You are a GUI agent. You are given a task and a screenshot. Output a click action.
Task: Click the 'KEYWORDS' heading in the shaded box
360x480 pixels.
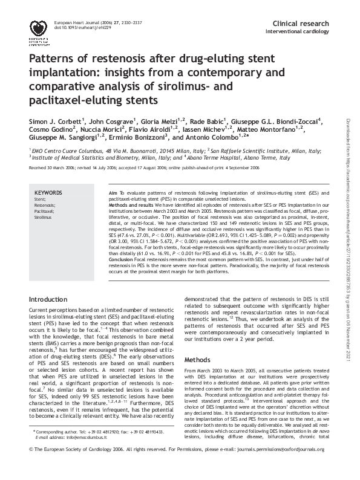click(48, 192)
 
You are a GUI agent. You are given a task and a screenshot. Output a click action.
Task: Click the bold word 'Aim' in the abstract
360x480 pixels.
click(112, 192)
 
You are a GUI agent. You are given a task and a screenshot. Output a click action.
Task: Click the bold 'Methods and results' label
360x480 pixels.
click(130, 204)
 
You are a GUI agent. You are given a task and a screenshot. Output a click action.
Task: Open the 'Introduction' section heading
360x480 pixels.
click(50, 299)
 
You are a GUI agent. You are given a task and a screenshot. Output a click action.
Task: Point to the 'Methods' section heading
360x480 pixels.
click(198, 359)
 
